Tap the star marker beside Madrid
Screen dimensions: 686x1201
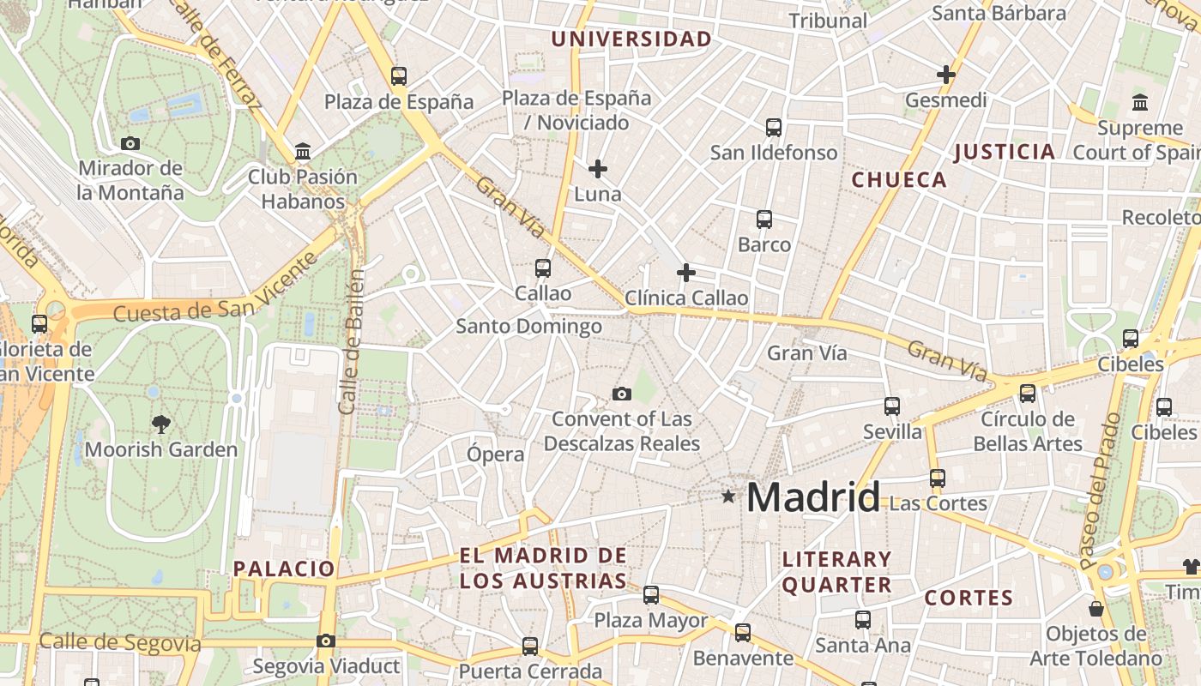728,496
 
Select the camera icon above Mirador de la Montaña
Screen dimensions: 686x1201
130,143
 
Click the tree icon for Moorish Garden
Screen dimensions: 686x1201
160,423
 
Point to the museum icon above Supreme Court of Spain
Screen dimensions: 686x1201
1140,103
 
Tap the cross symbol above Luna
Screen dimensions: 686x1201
598,169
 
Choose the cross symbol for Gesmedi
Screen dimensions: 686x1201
946,75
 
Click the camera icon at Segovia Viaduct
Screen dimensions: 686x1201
325,641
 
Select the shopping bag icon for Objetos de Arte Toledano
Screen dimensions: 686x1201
1095,609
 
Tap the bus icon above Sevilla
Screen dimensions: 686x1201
892,406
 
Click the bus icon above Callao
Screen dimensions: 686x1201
543,268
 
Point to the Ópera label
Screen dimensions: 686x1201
496,454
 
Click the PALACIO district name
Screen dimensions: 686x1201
284,569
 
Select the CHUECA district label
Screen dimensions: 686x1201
899,180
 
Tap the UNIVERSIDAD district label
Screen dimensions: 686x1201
631,39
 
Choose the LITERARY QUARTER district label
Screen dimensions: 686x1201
837,572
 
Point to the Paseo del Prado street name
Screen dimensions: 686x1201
1101,490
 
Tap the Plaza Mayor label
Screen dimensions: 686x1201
651,620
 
